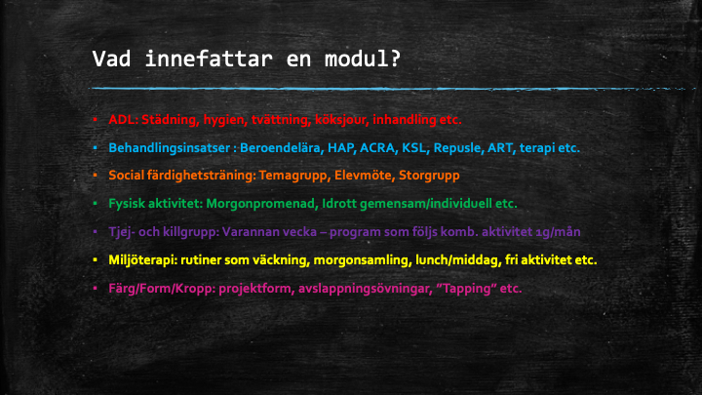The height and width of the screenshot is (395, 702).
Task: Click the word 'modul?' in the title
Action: pos(363,59)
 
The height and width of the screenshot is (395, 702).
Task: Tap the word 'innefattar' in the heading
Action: pos(209,59)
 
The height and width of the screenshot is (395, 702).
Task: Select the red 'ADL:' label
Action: pos(124,120)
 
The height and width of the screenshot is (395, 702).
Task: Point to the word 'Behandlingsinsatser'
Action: pos(170,148)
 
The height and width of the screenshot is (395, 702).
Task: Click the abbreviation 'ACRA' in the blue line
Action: pos(377,148)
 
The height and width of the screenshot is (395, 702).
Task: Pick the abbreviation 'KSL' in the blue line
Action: pos(413,148)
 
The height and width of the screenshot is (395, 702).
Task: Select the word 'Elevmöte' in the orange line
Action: pos(363,176)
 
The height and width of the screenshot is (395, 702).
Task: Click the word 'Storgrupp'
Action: pos(429,176)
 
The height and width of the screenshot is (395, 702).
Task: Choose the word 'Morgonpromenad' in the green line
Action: pos(262,204)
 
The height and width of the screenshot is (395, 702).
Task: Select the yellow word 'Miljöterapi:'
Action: pos(142,260)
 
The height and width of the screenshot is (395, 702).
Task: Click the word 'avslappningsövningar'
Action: pos(364,289)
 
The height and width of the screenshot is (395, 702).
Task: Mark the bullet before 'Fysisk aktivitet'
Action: pos(95,204)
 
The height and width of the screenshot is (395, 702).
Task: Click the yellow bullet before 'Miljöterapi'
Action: pos(95,260)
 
